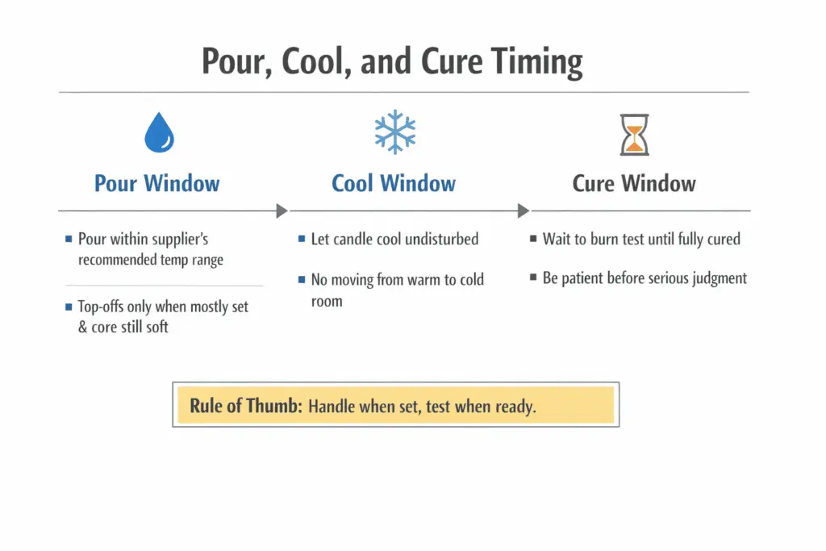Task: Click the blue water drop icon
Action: click(159, 132)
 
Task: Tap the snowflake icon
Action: click(394, 132)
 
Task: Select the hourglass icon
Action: click(633, 134)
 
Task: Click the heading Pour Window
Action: click(156, 183)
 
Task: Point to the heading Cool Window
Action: click(394, 183)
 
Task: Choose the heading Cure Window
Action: click(634, 183)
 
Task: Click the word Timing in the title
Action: click(527, 61)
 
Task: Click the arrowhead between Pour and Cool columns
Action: click(281, 211)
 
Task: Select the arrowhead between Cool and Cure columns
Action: click(523, 211)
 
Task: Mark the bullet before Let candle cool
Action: click(301, 240)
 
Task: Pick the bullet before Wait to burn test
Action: click(533, 240)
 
